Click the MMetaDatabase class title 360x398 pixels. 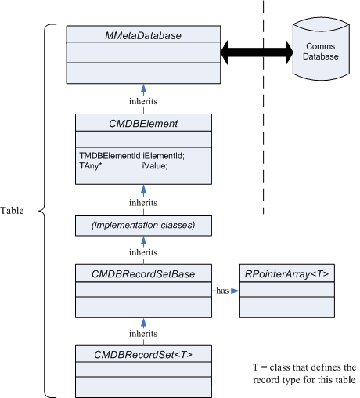click(143, 35)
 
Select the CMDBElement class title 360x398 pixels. click(143, 124)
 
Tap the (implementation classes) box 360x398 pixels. click(143, 226)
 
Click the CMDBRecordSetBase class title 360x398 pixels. click(143, 274)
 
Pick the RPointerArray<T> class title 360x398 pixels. click(286, 274)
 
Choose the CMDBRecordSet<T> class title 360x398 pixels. click(143, 355)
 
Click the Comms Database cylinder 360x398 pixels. click(321, 49)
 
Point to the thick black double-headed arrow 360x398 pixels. click(257, 52)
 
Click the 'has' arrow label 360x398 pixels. click(222, 291)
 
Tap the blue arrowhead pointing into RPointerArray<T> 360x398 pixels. click(235, 291)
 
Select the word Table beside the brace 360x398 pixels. click(12, 211)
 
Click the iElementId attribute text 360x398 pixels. click(164, 156)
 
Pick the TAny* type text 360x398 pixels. click(91, 165)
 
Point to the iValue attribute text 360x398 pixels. click(155, 165)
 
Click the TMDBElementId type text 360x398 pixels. click(110, 156)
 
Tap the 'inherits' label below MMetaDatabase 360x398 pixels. click(143, 101)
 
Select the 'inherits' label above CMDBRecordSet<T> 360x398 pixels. click(143, 334)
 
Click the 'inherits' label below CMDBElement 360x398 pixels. click(143, 203)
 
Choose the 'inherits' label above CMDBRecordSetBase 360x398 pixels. click(143, 252)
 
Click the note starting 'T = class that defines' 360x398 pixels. click(304, 374)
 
